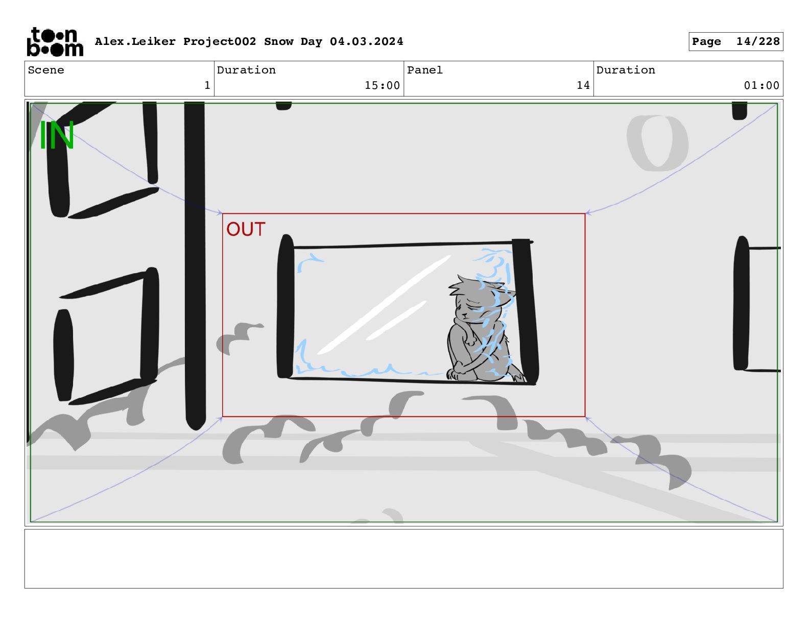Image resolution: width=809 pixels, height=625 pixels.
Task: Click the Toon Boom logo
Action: click(x=55, y=42)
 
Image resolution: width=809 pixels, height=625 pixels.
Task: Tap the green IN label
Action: click(x=56, y=135)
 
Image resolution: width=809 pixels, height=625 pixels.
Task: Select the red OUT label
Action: click(x=246, y=229)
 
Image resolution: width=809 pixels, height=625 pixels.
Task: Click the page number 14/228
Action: click(x=757, y=41)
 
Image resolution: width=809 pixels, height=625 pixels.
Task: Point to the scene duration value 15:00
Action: click(x=382, y=86)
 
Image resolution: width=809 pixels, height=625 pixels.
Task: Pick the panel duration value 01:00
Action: click(x=762, y=86)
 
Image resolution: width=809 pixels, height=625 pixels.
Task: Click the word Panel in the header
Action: click(x=425, y=70)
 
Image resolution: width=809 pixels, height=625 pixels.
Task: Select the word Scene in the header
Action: click(x=46, y=70)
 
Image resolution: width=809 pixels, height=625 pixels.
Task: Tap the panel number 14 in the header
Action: click(x=583, y=86)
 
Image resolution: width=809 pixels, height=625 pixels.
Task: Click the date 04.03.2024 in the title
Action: click(x=366, y=41)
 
